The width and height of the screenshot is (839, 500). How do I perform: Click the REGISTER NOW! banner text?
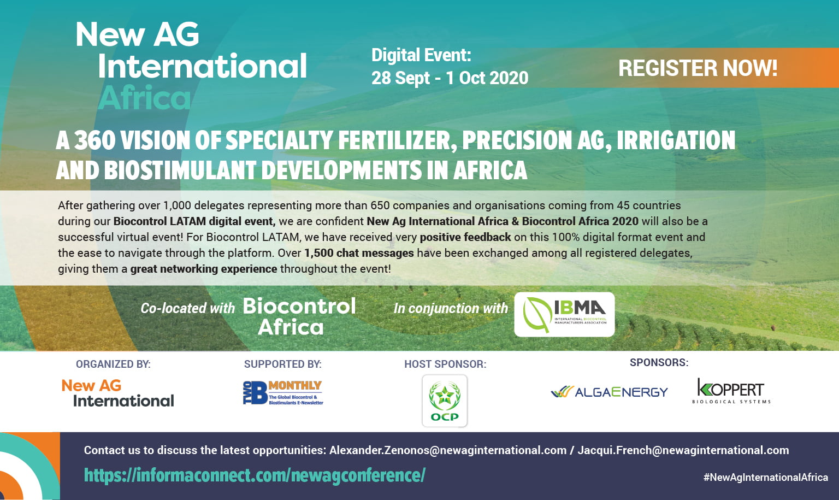pyautogui.click(x=698, y=68)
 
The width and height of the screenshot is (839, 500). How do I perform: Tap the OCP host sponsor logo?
pyautogui.click(x=445, y=401)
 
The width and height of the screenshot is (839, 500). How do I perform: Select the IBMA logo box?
pyautogui.click(x=564, y=314)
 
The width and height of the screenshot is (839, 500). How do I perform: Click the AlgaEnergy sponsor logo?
pyautogui.click(x=610, y=392)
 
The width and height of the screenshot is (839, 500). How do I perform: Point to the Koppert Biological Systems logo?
pyautogui.click(x=731, y=391)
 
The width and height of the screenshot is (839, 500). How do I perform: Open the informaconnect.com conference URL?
pyautogui.click(x=255, y=475)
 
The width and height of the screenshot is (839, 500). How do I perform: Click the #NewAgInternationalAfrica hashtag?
pyautogui.click(x=766, y=477)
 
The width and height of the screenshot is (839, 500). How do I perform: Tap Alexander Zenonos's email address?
pyautogui.click(x=448, y=450)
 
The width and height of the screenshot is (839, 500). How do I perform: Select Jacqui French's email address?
pyautogui.click(x=683, y=450)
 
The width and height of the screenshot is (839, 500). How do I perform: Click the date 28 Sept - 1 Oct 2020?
pyautogui.click(x=450, y=78)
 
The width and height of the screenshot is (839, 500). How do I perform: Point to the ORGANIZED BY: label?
pyautogui.click(x=113, y=364)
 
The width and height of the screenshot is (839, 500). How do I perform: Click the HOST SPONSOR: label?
pyautogui.click(x=445, y=364)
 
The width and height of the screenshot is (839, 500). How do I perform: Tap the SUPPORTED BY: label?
pyautogui.click(x=283, y=364)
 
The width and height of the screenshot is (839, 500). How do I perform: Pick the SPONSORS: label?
pyautogui.click(x=659, y=362)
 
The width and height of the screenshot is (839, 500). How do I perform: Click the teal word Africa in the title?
pyautogui.click(x=145, y=98)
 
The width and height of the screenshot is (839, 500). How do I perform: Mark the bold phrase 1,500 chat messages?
pyautogui.click(x=359, y=253)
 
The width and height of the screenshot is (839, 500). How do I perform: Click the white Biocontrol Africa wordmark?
pyautogui.click(x=299, y=316)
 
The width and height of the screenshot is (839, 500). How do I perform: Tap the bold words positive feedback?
pyautogui.click(x=465, y=237)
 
